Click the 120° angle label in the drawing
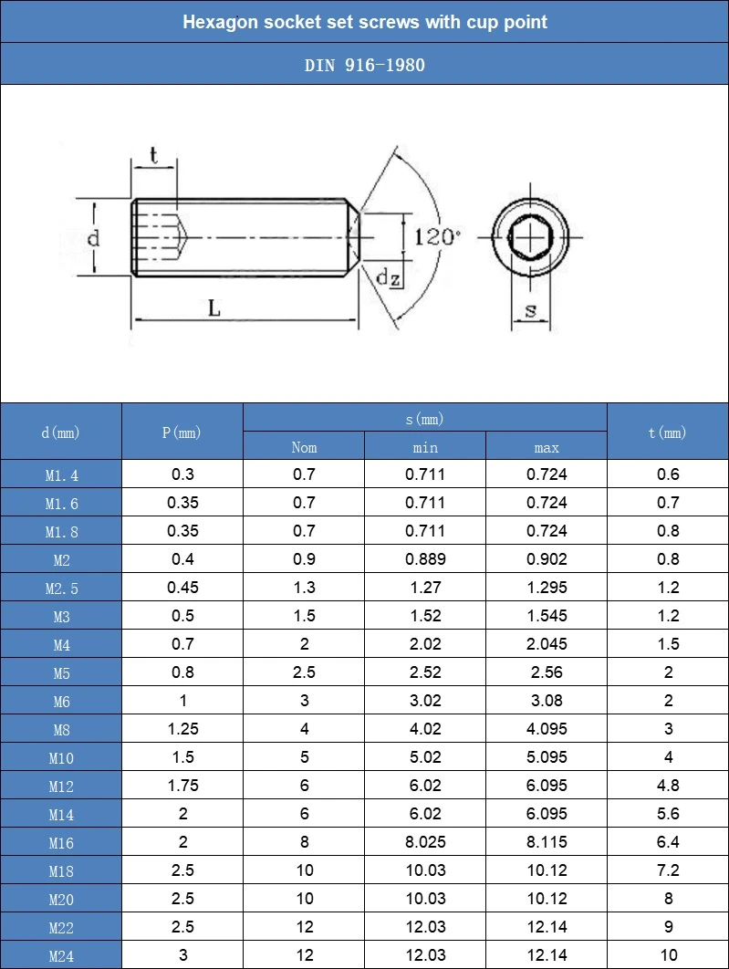click(x=437, y=236)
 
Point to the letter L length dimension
click(x=213, y=307)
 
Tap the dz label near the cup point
click(x=388, y=277)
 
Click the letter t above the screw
click(x=154, y=155)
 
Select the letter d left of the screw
click(x=93, y=237)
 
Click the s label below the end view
click(x=531, y=310)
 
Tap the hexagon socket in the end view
click(x=531, y=236)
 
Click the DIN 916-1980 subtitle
click(x=365, y=65)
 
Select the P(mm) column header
click(x=182, y=432)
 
